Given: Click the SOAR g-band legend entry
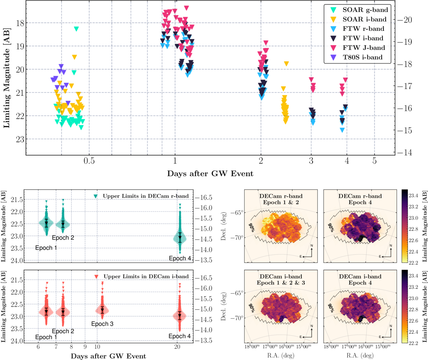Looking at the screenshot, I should [365, 10].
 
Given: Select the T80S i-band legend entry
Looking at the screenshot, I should [362, 57].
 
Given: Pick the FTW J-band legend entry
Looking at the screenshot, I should [364, 48].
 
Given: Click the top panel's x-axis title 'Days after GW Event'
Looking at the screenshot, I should [210, 173].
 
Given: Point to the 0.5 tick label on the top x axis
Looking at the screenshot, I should [89, 161].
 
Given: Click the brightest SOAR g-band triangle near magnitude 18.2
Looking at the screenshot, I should [76, 29].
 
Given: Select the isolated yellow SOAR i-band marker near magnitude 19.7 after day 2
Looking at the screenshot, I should [286, 64].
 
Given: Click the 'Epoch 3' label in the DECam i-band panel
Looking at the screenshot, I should [102, 324].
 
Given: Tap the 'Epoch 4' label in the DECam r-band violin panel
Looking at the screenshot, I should [180, 258].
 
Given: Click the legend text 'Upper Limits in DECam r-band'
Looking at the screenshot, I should [145, 196].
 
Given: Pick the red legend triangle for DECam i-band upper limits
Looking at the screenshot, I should [96, 277].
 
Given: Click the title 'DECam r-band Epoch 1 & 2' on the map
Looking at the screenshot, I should [281, 199].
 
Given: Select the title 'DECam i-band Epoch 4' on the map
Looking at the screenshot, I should [360, 280].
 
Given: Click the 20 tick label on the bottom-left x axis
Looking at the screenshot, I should [177, 347].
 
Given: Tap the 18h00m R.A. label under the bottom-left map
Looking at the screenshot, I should [252, 346].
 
